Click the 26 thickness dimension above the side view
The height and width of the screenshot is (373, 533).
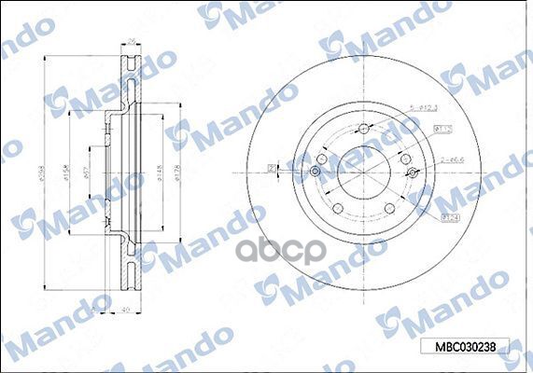tap(132, 40)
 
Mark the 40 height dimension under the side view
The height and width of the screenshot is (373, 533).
tap(125, 313)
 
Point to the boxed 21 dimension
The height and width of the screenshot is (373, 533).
tap(272, 168)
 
